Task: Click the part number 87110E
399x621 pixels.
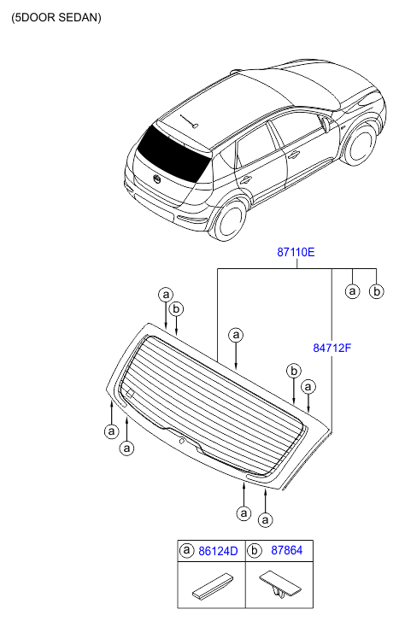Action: click(296, 252)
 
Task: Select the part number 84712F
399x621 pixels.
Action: click(332, 348)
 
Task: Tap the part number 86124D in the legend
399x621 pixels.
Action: click(218, 551)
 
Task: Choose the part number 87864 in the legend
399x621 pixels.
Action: click(286, 550)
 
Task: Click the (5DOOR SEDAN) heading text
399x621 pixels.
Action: click(56, 17)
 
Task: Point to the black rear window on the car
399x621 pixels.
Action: click(173, 154)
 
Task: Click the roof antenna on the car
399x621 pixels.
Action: click(190, 121)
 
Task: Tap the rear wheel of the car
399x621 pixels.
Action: click(230, 219)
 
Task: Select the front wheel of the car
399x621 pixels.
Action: click(361, 144)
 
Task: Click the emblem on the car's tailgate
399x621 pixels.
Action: click(157, 179)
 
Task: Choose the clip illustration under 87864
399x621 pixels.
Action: click(279, 584)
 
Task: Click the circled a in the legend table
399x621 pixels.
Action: click(186, 550)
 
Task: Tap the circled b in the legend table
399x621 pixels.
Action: click(255, 550)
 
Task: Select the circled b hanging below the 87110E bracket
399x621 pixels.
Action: click(377, 291)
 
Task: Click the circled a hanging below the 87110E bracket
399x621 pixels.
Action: click(352, 291)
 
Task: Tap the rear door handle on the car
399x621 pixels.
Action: click(246, 179)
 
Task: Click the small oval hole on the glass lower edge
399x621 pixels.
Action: click(182, 441)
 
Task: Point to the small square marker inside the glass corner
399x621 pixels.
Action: click(130, 394)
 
